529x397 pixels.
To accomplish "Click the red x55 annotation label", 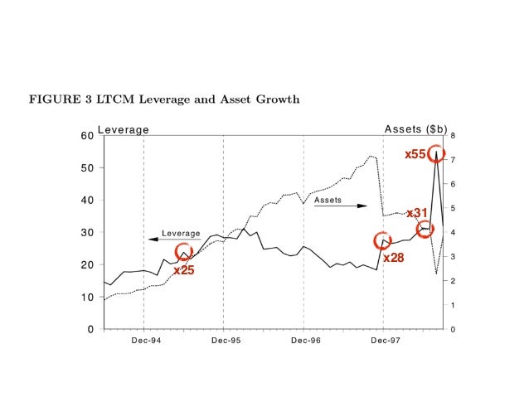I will click(415, 154).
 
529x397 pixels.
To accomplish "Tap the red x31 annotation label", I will click(416, 213).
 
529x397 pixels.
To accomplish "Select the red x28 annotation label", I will click(393, 258).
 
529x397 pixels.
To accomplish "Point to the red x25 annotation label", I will click(183, 269).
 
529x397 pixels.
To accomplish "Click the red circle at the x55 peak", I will click(436, 154).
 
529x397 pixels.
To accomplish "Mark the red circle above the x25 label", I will click(183, 252).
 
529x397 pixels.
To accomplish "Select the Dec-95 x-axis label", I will click(224, 340).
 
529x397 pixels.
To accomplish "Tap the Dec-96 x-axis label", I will click(303, 340).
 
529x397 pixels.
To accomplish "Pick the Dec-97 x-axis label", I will click(383, 340).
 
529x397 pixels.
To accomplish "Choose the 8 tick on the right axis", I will click(453, 135).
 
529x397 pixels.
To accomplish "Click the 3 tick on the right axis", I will click(453, 257).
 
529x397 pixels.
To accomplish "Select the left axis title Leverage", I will click(124, 129).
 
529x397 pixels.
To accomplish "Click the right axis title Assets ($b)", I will click(415, 129).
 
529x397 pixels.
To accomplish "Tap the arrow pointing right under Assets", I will click(340, 206).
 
